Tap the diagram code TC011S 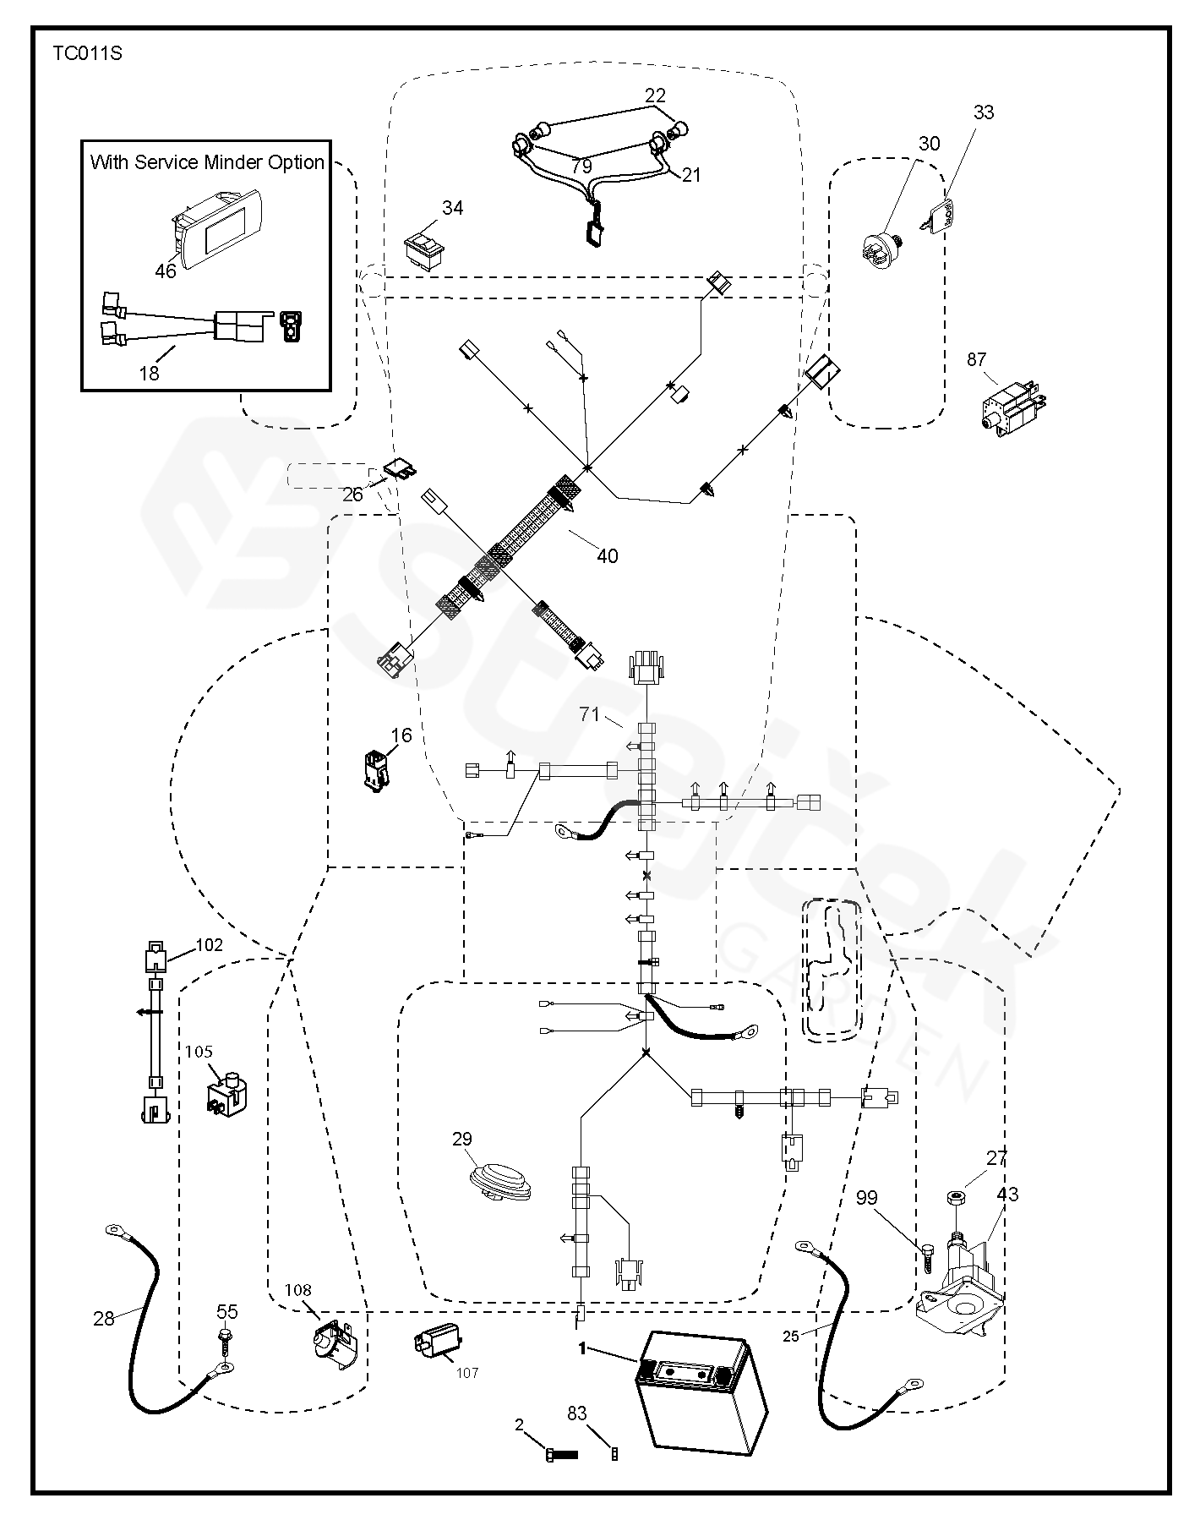click(88, 54)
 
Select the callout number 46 click(166, 271)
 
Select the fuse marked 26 click(401, 468)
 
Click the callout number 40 click(608, 555)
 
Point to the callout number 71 click(589, 714)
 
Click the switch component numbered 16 click(378, 768)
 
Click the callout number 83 click(578, 1413)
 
